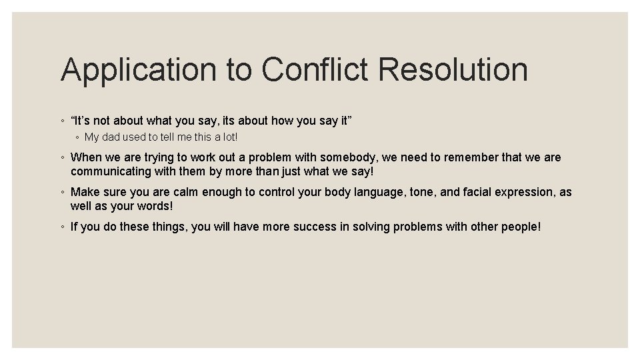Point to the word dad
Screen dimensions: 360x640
point(111,137)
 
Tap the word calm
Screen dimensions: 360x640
point(184,193)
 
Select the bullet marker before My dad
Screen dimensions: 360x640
point(77,138)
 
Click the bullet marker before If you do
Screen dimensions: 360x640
point(62,227)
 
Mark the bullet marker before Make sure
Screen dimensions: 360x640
point(62,193)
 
